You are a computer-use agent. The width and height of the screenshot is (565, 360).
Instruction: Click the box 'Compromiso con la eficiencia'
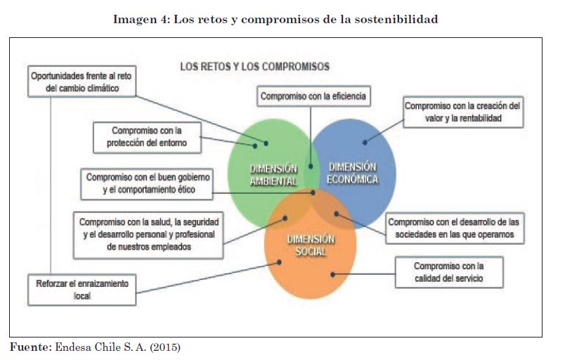point(313,96)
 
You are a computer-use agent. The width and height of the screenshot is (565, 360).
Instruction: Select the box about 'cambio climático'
point(80,81)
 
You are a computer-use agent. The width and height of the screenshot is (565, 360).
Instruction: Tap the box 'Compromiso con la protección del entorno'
point(147,137)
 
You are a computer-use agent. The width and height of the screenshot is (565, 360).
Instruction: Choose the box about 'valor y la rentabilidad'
point(463,112)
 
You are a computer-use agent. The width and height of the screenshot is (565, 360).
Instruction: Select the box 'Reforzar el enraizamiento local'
point(82,289)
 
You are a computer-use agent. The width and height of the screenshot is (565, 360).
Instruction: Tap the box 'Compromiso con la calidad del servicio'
point(448,272)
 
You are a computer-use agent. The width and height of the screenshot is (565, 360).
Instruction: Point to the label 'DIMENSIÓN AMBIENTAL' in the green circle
point(273,174)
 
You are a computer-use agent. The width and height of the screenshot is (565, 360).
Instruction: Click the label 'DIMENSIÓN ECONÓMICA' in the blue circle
point(352,173)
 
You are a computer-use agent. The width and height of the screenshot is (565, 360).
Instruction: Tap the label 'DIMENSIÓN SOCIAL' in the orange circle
point(311,245)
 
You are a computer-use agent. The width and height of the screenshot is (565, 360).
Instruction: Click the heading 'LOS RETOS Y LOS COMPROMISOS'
point(254,67)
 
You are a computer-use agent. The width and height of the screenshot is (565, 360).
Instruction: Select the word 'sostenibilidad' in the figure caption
point(398,19)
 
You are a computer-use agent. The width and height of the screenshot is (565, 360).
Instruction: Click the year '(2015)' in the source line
point(165,347)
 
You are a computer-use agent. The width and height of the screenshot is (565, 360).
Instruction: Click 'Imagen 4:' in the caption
point(138,19)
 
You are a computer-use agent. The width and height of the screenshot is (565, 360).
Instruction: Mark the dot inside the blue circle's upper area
point(365,142)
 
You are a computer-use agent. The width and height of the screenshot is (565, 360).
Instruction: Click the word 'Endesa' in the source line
point(70,347)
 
